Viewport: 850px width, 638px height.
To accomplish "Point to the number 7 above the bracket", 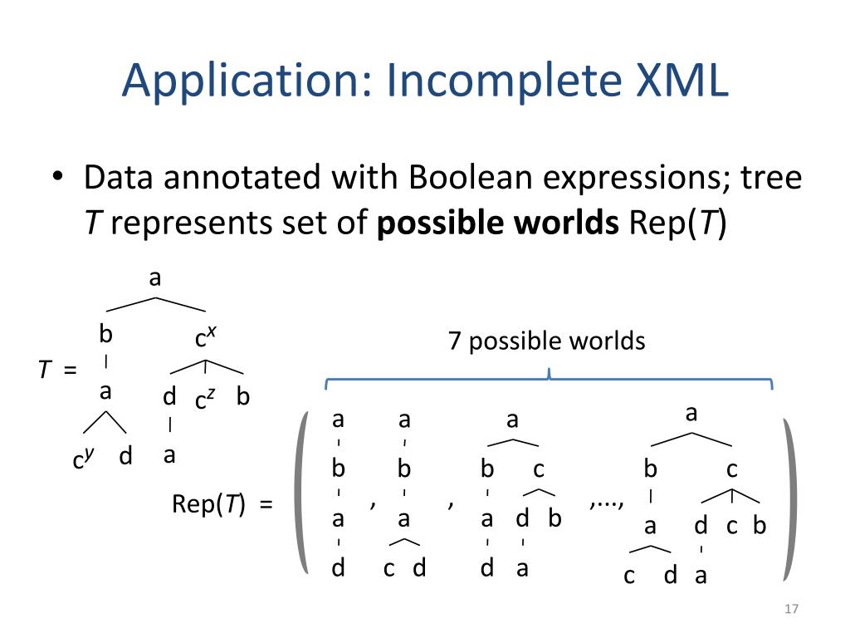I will coord(454,341).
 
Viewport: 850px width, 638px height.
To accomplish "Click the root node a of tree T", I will coord(154,278).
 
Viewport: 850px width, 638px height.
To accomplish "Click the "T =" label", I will coord(57,370).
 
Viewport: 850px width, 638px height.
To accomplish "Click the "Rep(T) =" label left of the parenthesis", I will coord(222,504).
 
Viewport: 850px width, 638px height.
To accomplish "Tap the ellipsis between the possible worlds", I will coord(607,501).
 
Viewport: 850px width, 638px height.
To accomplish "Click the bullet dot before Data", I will coord(58,179).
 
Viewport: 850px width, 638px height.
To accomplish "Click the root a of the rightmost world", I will coord(691,413).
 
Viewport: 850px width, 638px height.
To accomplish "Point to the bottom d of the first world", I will coord(339,569).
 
